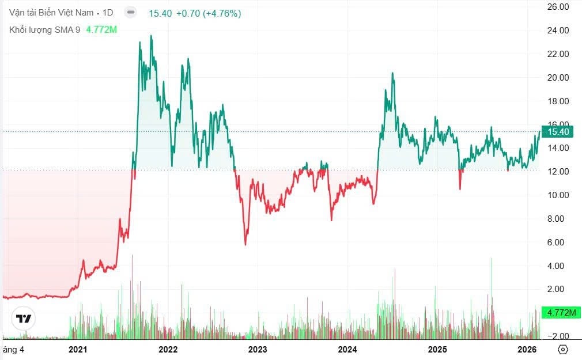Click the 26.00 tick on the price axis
pyautogui.click(x=557, y=7)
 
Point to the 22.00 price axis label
pyautogui.click(x=557, y=54)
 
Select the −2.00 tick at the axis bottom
pyautogui.click(x=557, y=336)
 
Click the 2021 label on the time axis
pyautogui.click(x=78, y=350)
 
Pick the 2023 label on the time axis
pyautogui.click(x=258, y=350)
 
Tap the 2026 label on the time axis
pyautogui.click(x=527, y=350)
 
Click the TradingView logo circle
pyautogui.click(x=24, y=319)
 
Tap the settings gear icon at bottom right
pyautogui.click(x=563, y=350)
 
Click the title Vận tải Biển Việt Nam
pyautogui.click(x=51, y=13)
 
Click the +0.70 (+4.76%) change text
pyautogui.click(x=209, y=13)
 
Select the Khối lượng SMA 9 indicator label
pyautogui.click(x=45, y=29)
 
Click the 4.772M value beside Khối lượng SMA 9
pyautogui.click(x=101, y=29)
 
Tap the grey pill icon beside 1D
pyautogui.click(x=131, y=12)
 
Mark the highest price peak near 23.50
pyautogui.click(x=151, y=36)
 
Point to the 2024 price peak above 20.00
pyautogui.click(x=392, y=73)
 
